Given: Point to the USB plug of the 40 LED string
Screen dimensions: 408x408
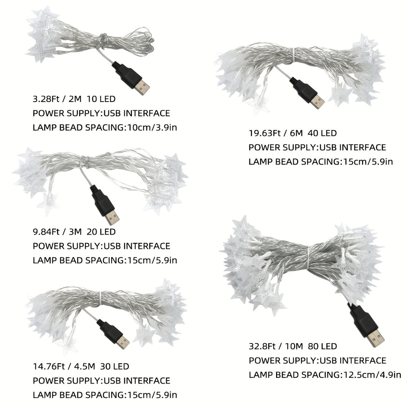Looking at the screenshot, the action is click(x=307, y=92).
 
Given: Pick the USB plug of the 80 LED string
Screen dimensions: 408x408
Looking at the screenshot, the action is click(x=365, y=325).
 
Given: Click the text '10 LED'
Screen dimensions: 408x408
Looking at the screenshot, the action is click(x=101, y=99).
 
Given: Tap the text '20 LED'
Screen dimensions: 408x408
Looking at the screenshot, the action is click(x=101, y=232).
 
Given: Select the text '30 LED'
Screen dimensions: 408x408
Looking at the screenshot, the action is click(x=114, y=367).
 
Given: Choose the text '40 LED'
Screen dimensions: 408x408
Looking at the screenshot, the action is click(x=322, y=133).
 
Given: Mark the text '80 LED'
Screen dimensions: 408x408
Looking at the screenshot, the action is click(x=322, y=346).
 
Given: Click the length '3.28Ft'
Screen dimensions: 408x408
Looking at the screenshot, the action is click(x=46, y=99).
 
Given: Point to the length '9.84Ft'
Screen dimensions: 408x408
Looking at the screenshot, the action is click(x=46, y=232).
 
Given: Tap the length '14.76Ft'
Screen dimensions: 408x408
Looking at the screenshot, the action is click(x=49, y=367).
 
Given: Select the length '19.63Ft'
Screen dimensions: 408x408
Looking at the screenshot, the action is click(x=265, y=133).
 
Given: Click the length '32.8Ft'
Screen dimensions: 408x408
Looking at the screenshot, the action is click(x=262, y=346).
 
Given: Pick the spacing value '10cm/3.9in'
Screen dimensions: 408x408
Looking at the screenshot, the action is click(x=152, y=128).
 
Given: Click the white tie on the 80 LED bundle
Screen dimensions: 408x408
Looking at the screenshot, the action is click(x=308, y=258).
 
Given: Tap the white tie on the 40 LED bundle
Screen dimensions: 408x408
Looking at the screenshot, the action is click(x=294, y=55).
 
